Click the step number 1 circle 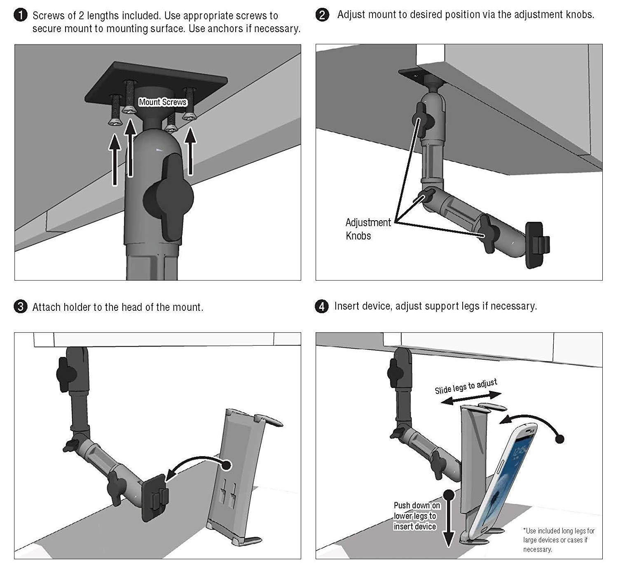20,16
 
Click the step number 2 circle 322,15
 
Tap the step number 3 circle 20,307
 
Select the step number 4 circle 322,307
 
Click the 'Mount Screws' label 162,102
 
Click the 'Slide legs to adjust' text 466,386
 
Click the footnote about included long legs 558,540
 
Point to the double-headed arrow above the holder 471,398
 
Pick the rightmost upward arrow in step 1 190,152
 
